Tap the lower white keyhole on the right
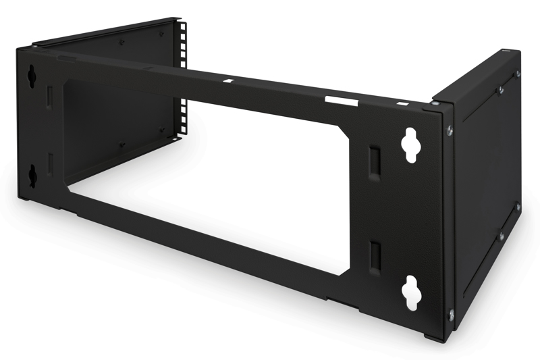410,292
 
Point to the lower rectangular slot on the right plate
375,257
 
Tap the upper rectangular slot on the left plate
49,97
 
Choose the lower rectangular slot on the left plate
49,165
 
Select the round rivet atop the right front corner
436,103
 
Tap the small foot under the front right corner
431,336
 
